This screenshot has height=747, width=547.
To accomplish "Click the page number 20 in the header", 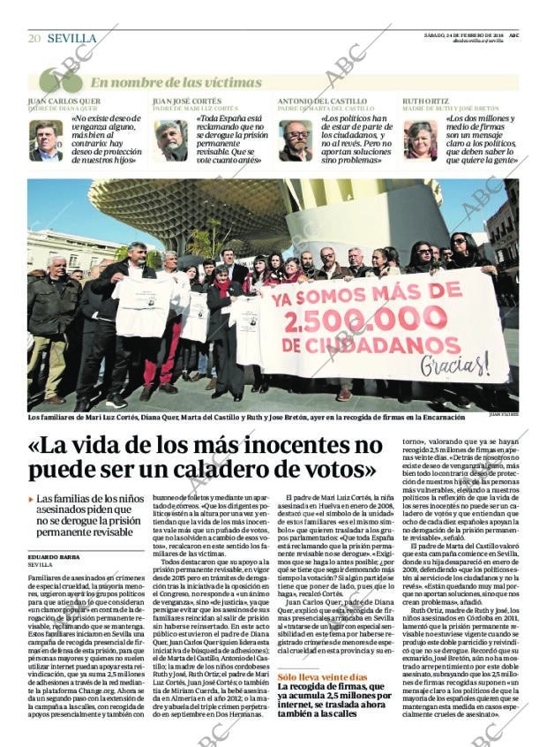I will (34, 38).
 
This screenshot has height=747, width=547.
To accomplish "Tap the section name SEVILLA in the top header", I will (71, 38).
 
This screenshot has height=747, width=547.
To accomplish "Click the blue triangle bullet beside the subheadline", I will (31, 500).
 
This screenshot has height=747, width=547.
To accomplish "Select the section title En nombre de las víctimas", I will (164, 82).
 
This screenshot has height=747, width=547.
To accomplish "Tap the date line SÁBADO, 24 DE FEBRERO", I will (477, 34).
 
